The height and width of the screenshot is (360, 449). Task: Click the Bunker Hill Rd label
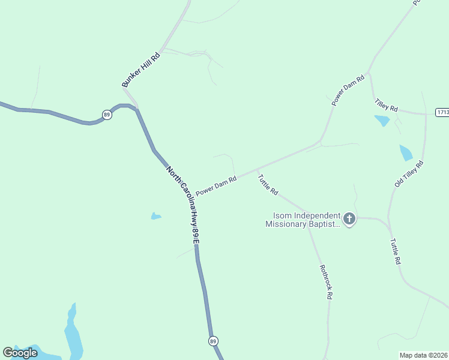coord(142,70)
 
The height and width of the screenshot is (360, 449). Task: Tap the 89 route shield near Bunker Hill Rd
coord(107,115)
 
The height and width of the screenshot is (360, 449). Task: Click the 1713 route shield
coord(442,112)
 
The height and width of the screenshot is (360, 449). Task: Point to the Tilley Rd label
coord(386,106)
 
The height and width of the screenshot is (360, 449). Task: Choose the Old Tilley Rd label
coord(409,173)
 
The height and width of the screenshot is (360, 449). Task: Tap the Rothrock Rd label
coord(326,282)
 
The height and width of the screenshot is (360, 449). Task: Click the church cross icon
coord(349,220)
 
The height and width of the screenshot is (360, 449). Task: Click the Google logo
coord(20,352)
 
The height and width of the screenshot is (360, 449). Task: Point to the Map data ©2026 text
coord(424,355)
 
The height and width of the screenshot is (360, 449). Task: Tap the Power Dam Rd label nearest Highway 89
coord(217,185)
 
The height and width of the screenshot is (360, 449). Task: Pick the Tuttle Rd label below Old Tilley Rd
coord(394,252)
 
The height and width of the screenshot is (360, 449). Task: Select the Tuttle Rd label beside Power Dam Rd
coord(268,184)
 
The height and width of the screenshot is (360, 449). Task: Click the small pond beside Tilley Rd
coord(382,121)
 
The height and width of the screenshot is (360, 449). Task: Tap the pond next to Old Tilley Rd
coord(406,152)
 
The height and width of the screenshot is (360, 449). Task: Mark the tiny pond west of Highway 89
coord(156,216)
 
